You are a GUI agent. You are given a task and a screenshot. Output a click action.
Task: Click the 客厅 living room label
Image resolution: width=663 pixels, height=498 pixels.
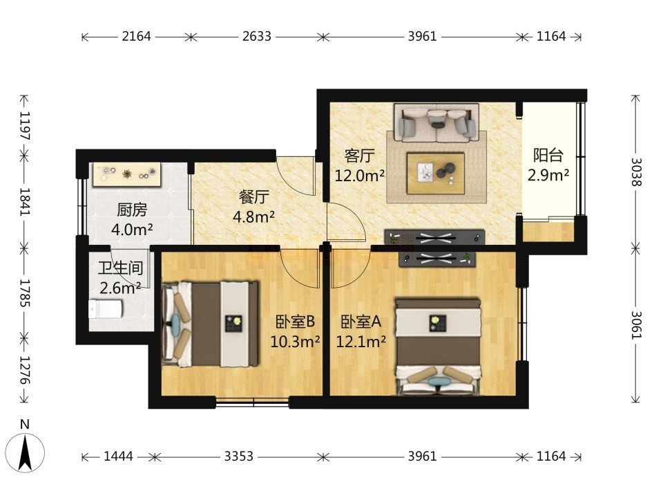point(359,156)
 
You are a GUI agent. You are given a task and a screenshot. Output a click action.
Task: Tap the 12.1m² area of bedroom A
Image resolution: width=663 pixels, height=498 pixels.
point(361,341)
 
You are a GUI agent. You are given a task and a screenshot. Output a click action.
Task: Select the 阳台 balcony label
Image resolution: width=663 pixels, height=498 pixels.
point(548,156)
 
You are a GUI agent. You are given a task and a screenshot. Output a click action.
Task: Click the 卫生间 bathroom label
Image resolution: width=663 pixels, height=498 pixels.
point(120,268)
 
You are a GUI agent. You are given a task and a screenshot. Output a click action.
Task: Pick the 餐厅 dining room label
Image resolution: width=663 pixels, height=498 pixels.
point(253,197)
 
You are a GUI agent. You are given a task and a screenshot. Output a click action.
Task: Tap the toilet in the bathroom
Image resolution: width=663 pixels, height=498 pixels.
point(105,309)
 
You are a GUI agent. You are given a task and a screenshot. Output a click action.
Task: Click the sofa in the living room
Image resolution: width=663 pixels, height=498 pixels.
point(436,122)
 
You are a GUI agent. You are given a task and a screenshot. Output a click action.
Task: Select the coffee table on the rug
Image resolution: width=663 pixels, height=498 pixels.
point(436,173)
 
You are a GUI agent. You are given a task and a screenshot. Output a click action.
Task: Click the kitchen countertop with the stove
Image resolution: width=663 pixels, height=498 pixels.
point(127,174)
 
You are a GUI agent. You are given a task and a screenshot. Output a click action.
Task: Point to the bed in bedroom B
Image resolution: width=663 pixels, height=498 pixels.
point(210,324)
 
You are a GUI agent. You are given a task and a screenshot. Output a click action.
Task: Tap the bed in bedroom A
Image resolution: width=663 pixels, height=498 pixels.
point(438,347)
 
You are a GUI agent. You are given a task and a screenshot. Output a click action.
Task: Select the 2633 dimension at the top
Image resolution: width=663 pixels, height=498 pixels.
point(257,37)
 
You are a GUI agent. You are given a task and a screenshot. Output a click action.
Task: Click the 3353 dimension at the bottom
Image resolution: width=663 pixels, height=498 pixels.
point(238,456)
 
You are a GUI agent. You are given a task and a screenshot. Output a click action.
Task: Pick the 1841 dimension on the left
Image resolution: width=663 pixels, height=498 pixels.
point(24,201)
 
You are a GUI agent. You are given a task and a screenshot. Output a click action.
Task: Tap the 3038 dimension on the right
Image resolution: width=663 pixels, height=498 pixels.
point(636,172)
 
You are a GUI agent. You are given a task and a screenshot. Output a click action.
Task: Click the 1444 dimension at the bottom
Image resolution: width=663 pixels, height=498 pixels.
point(118,456)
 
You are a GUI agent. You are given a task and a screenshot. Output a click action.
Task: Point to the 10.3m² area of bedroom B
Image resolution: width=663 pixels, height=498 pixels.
point(295,341)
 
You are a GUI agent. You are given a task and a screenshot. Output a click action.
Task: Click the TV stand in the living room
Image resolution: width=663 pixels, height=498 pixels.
point(434,238)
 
